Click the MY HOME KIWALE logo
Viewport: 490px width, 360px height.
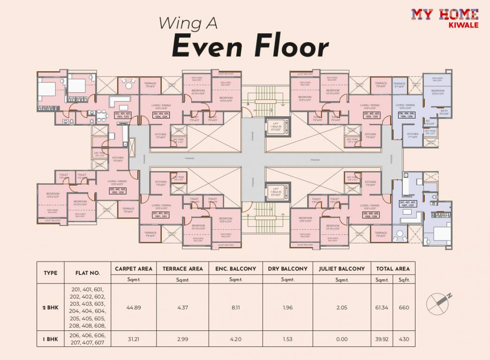click(445, 18)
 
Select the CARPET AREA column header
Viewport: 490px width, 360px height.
click(134, 269)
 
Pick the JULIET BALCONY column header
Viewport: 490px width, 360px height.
click(341, 269)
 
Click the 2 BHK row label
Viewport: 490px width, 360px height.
click(50, 307)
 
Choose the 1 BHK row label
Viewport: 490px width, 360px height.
click(50, 339)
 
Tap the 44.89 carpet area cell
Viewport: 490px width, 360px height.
click(134, 307)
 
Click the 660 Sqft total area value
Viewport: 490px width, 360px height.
click(404, 307)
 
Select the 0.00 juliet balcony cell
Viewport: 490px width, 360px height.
click(341, 339)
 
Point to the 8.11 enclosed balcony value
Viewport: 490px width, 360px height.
click(235, 307)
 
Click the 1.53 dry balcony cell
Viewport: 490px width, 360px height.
click(287, 339)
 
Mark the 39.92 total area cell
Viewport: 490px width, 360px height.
click(382, 339)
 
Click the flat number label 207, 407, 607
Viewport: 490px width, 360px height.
click(407, 204)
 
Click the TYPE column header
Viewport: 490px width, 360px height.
click(50, 273)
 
